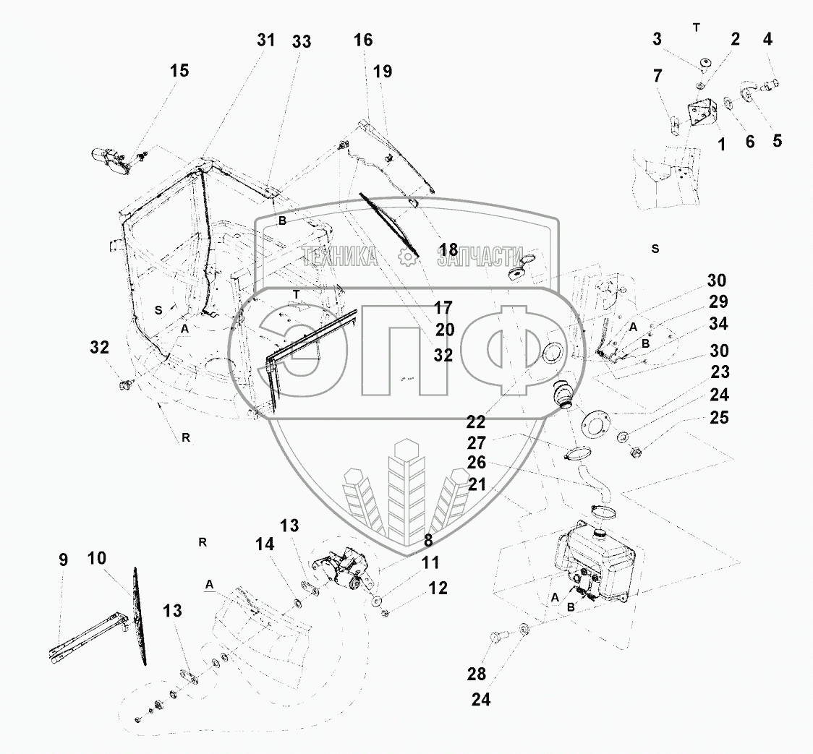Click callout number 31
point(265,40)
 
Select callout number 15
point(179,71)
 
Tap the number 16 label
point(363,40)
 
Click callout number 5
point(777,141)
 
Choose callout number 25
point(719,418)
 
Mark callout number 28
point(476,674)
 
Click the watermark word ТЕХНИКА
point(340,256)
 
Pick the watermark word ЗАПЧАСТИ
point(480,256)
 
